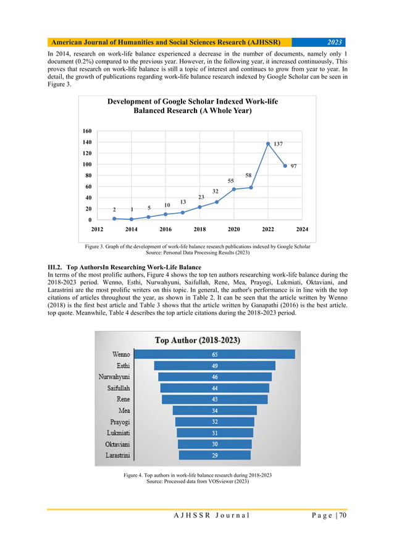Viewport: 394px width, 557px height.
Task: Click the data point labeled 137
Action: pyautogui.click(x=268, y=144)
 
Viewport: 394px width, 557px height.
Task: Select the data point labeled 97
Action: pyautogui.click(x=285, y=165)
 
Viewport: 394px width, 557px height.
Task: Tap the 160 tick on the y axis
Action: pyautogui.click(x=86, y=131)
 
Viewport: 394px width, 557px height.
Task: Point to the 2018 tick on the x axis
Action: pyautogui.click(x=199, y=229)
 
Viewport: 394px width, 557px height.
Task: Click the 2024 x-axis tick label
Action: pyautogui.click(x=302, y=229)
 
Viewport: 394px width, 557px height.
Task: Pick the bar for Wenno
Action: pyautogui.click(x=215, y=354)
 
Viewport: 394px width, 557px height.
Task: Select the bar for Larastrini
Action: pyautogui.click(x=215, y=454)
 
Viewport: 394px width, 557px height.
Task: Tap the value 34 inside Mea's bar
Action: pyautogui.click(x=214, y=410)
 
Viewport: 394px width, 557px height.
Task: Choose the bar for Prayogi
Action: pyautogui.click(x=214, y=422)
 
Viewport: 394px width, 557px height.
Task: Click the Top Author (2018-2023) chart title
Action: pyautogui.click(x=197, y=340)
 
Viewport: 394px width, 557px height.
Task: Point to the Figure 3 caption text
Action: pyautogui.click(x=197, y=247)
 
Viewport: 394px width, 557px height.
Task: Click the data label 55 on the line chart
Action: pyautogui.click(x=231, y=180)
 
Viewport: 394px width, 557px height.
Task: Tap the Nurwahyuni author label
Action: pyautogui.click(x=114, y=377)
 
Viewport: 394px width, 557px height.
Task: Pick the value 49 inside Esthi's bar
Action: pyautogui.click(x=214, y=366)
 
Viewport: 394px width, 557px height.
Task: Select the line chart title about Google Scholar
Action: pyautogui.click(x=197, y=106)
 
